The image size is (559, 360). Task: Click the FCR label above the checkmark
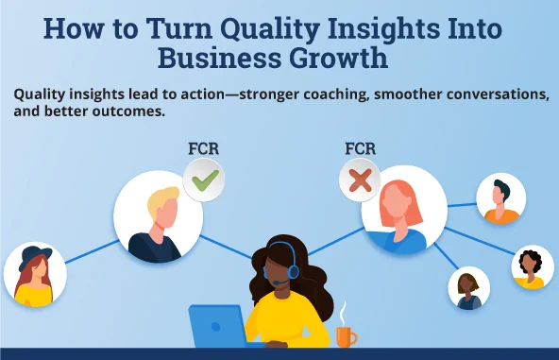[208, 149]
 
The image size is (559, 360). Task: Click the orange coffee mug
[346, 334]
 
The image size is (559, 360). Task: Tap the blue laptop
[216, 327]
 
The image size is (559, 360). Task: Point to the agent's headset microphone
[276, 282]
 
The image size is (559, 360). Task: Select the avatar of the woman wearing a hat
[35, 275]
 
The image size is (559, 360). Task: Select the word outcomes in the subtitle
[130, 111]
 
